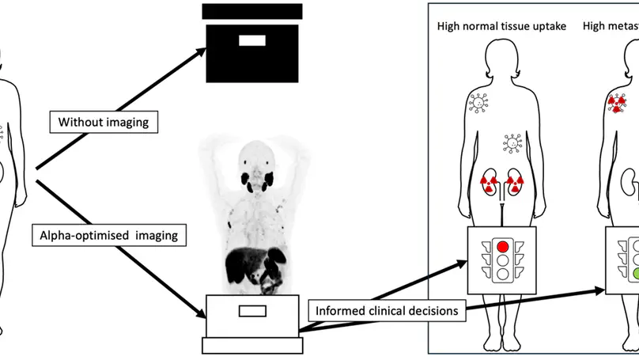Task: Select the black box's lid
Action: coord(251,11)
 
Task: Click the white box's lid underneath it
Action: coord(251,346)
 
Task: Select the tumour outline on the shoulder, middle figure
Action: coord(478,102)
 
